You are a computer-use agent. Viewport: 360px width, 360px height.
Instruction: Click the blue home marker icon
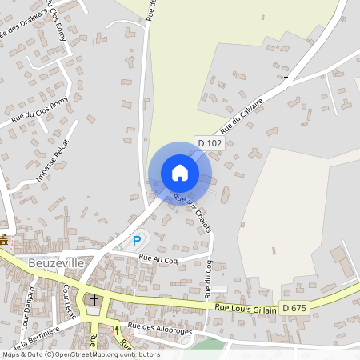pos(180,173)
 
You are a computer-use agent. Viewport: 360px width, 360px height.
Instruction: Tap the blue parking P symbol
pos(137,240)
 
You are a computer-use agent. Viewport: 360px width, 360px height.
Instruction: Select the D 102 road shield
pos(210,142)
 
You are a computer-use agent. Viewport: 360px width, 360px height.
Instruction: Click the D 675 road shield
pos(294,308)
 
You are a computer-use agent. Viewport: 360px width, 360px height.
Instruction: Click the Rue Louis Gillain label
pos(246,308)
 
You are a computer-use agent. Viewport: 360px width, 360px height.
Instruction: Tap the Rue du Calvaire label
pos(242,119)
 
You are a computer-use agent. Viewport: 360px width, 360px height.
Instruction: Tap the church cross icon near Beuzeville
pos(94,300)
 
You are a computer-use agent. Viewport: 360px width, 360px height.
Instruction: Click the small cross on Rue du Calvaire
pos(286,78)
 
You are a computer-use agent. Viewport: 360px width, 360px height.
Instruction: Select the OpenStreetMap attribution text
pos(81,354)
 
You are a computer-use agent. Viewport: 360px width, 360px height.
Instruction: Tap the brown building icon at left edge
pos(5,239)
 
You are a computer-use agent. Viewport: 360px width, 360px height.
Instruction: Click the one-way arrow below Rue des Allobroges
pos(116,328)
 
